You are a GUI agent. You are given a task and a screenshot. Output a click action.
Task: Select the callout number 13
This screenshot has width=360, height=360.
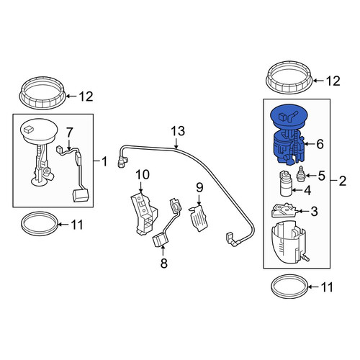[178, 131]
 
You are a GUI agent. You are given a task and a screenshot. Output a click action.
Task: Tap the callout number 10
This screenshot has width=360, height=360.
[143, 175]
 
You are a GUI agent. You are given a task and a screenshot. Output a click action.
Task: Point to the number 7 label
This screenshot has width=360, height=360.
[69, 132]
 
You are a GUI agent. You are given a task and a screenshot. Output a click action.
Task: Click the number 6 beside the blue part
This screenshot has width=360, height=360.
[320, 144]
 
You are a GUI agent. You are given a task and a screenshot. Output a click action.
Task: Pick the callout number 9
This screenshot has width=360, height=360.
[199, 187]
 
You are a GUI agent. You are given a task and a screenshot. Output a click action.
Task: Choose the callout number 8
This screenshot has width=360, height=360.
[163, 263]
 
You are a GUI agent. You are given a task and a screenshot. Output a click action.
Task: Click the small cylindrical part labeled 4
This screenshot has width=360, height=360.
[286, 184]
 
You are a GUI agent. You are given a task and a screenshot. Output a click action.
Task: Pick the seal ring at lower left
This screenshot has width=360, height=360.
[40, 233]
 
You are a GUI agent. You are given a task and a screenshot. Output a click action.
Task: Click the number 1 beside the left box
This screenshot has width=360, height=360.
[104, 161]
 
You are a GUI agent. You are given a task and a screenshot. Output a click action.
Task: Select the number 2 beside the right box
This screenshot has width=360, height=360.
[343, 181]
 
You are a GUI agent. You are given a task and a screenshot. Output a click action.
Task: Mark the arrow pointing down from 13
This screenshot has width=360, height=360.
[176, 143]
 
